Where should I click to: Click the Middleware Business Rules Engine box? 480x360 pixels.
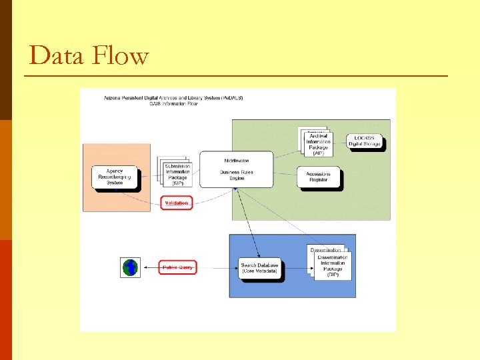coord(237,169)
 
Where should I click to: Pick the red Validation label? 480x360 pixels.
coord(176,202)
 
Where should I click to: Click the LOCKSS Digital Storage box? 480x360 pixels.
coord(365,141)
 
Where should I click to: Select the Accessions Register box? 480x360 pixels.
coord(318,177)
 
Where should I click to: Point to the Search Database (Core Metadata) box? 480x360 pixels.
coord(260,269)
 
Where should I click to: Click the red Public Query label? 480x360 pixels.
coord(177,268)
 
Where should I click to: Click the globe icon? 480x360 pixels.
coord(130,267)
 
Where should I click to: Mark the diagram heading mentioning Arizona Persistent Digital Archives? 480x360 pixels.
coord(173,98)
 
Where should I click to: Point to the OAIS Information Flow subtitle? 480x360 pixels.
coord(173,104)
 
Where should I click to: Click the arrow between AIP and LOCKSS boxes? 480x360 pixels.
coord(339,141)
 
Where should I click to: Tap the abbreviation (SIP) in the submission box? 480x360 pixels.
coord(177,183)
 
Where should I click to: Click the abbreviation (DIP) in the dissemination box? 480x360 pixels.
coord(332,274)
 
